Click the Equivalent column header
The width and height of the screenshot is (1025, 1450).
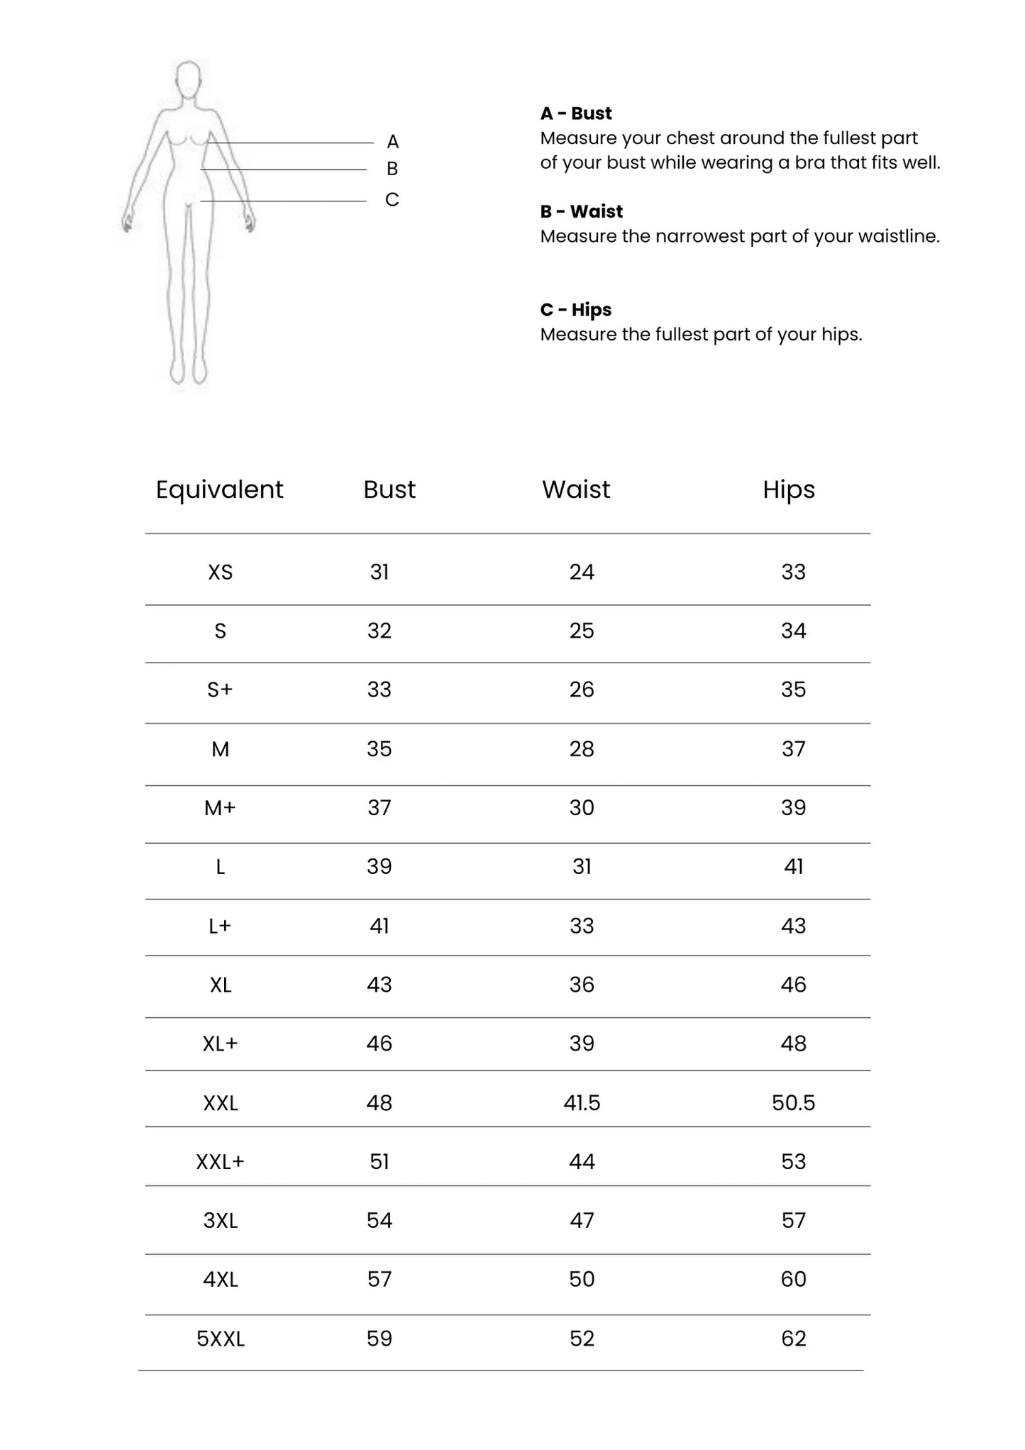pyautogui.click(x=219, y=489)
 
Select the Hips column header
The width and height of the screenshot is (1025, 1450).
pyautogui.click(x=789, y=489)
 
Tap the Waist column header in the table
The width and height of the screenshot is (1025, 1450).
pyautogui.click(x=576, y=489)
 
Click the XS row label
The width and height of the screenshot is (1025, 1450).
pyautogui.click(x=220, y=572)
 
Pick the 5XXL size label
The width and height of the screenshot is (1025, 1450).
pyautogui.click(x=221, y=1339)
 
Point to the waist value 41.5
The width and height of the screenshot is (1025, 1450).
pyautogui.click(x=582, y=1102)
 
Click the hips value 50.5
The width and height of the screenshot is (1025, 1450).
pyautogui.click(x=793, y=1102)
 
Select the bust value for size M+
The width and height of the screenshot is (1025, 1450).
pyautogui.click(x=379, y=807)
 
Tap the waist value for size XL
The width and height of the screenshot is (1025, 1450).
pyautogui.click(x=582, y=985)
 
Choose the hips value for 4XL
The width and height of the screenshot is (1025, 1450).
pyautogui.click(x=793, y=1279)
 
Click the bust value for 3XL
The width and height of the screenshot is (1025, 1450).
pyautogui.click(x=379, y=1220)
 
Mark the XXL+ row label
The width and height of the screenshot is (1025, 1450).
pyautogui.click(x=220, y=1161)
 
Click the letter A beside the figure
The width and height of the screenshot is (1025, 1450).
pyautogui.click(x=393, y=142)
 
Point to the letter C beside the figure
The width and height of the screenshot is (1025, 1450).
pyautogui.click(x=392, y=200)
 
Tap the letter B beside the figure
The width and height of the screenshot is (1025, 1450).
pyautogui.click(x=392, y=169)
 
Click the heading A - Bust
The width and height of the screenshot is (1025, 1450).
pyautogui.click(x=576, y=114)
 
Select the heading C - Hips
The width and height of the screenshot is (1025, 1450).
pyautogui.click(x=576, y=310)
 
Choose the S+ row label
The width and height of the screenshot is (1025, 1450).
pyautogui.click(x=220, y=690)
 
